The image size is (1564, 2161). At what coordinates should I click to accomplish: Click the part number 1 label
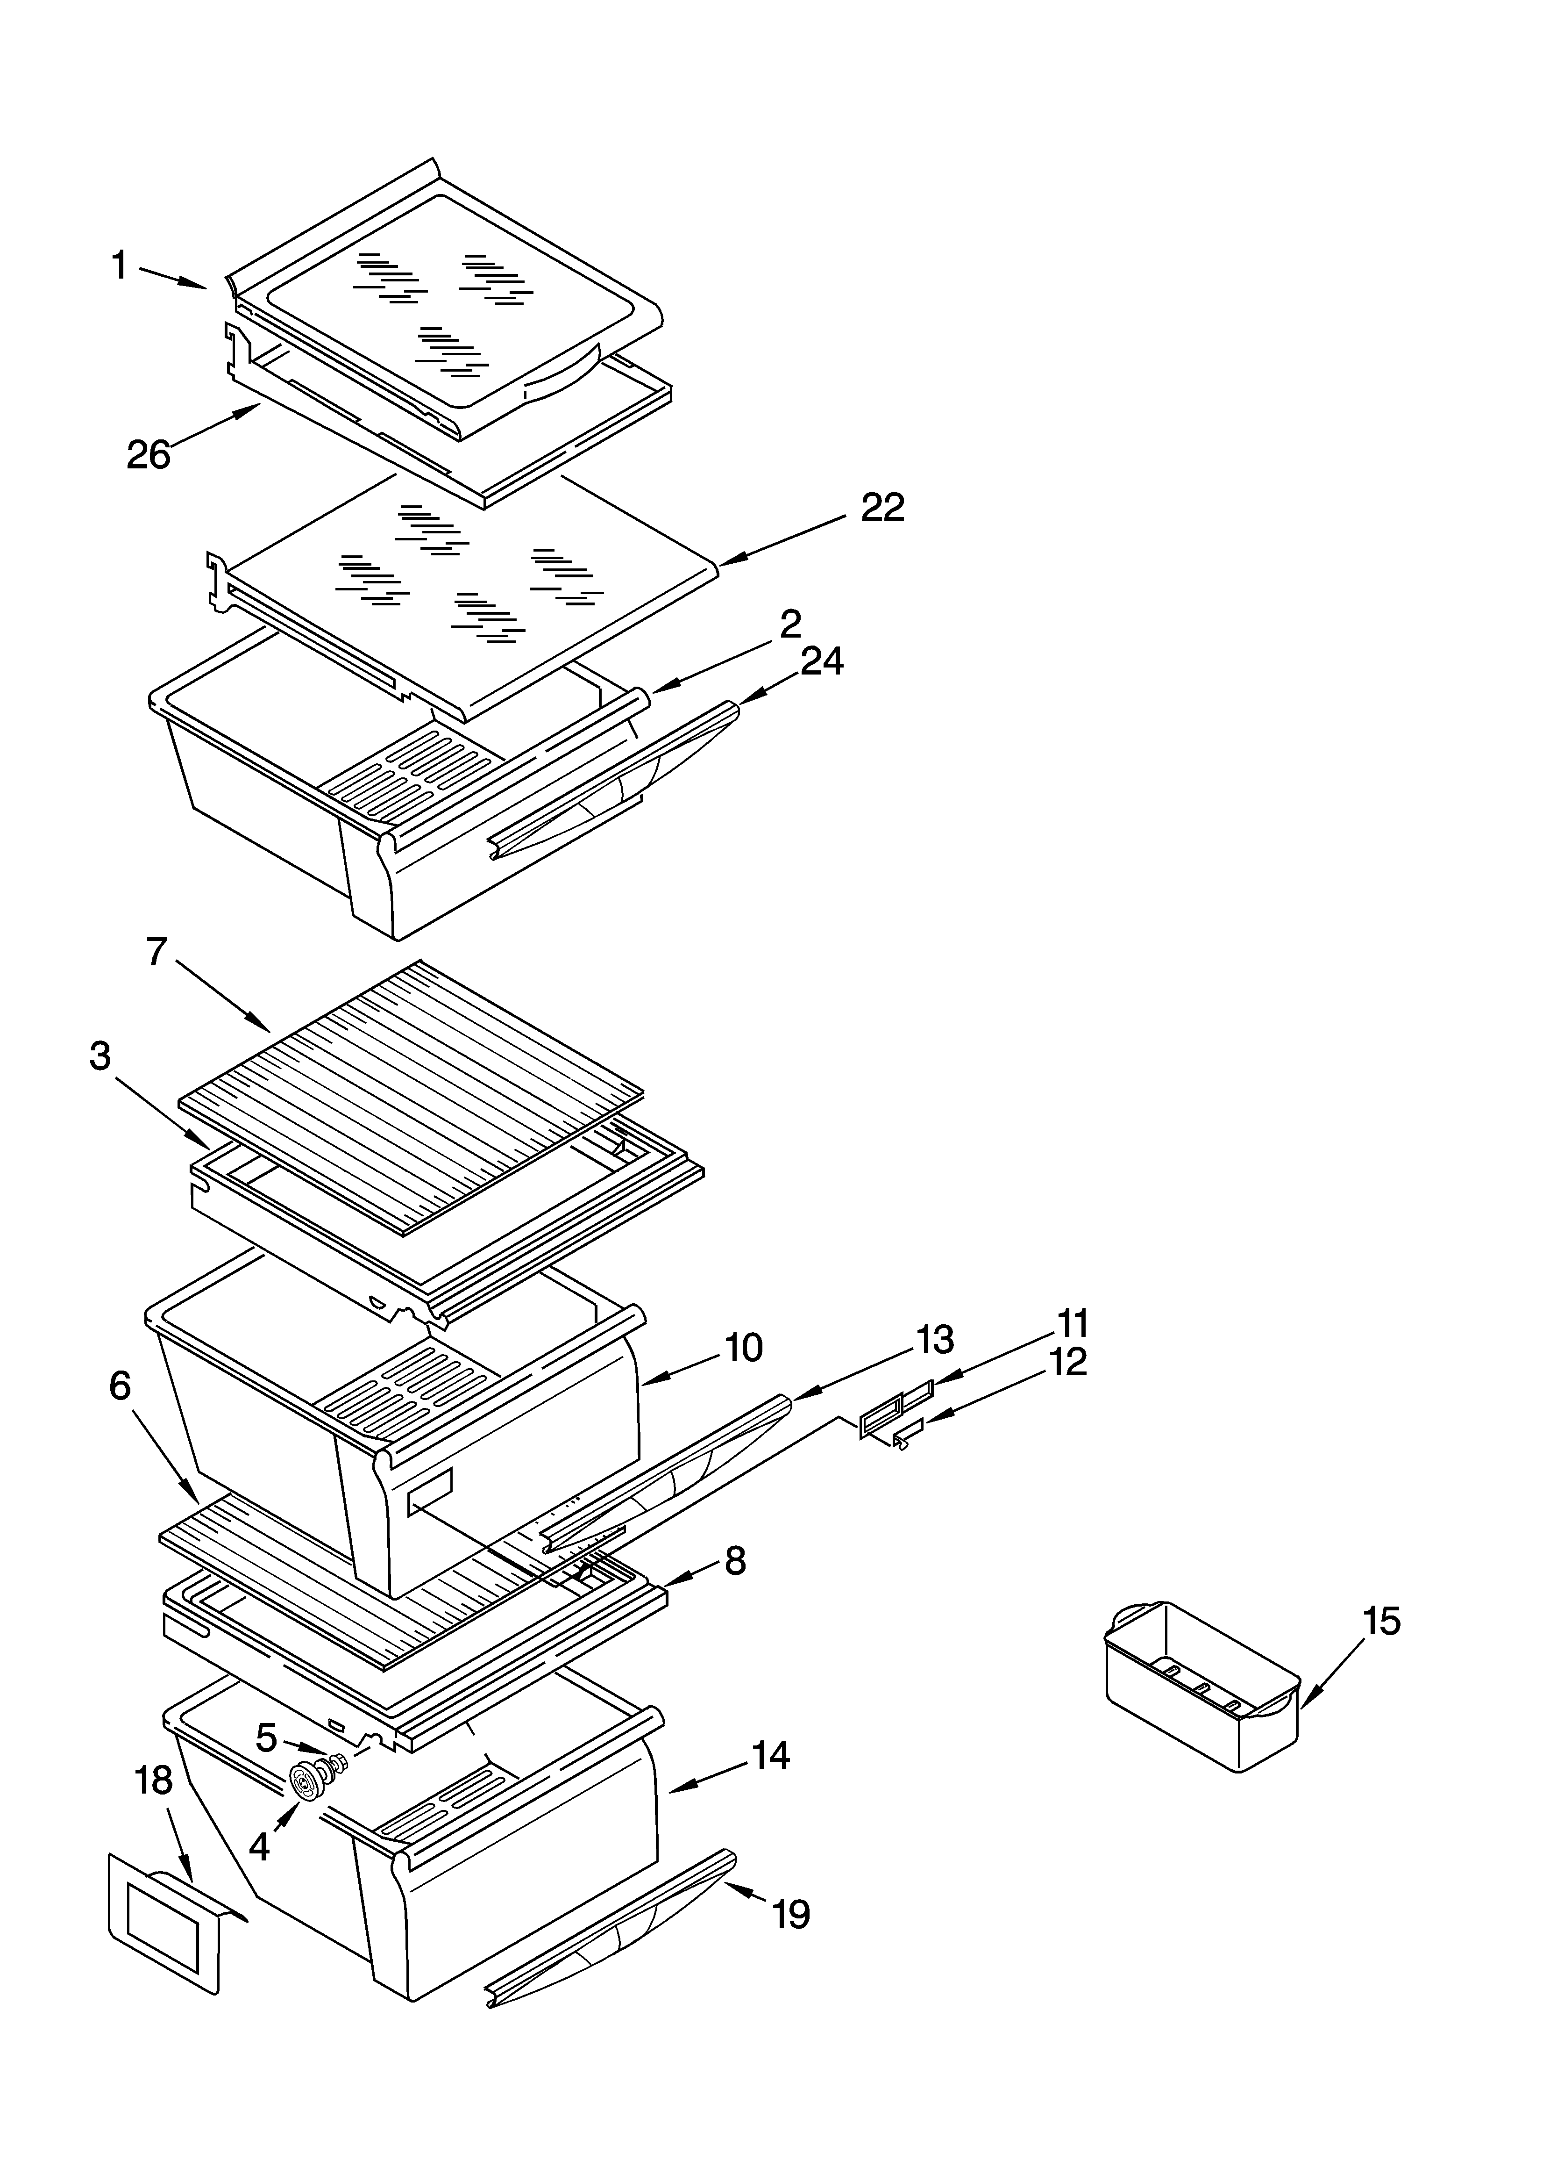tap(119, 266)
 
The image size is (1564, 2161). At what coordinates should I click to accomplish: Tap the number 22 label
tap(882, 508)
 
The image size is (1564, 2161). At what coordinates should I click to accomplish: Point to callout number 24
tap(821, 661)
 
